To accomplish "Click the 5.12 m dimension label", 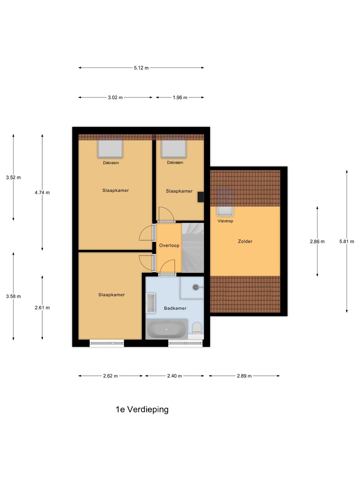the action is pyautogui.click(x=141, y=68).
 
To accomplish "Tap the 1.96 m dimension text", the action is pyautogui.click(x=180, y=98).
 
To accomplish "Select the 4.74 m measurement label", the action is pyautogui.click(x=42, y=192).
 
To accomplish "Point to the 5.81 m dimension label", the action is pyautogui.click(x=347, y=241).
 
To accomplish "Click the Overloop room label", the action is pyautogui.click(x=169, y=245).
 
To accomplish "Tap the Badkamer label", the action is pyautogui.click(x=175, y=308).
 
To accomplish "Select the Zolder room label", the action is pyautogui.click(x=245, y=241).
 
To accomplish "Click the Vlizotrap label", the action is pyautogui.click(x=225, y=221).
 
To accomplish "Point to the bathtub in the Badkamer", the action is pyautogui.click(x=167, y=329).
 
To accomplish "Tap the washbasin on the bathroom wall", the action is pyautogui.click(x=151, y=303).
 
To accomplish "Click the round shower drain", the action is pyautogui.click(x=196, y=287).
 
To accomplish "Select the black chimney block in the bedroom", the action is pyautogui.click(x=201, y=197).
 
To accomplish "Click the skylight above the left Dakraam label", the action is pyautogui.click(x=110, y=149).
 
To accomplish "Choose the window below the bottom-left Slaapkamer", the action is pyautogui.click(x=107, y=343).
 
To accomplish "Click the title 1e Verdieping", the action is pyautogui.click(x=142, y=409).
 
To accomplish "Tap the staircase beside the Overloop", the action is pyautogui.click(x=193, y=248).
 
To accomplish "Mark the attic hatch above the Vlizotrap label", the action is pyautogui.click(x=225, y=211).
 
